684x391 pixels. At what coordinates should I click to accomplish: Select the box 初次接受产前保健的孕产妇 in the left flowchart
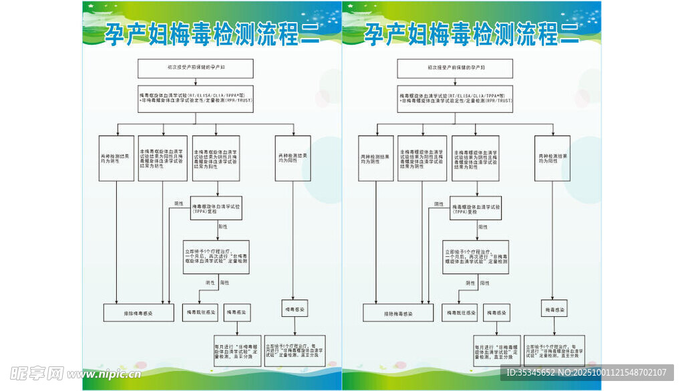195,68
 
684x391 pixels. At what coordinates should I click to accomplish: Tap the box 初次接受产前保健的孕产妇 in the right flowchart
455,68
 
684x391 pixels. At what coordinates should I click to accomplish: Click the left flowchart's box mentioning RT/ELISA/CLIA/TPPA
195,98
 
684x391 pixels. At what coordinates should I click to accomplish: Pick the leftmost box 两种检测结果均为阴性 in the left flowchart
116,158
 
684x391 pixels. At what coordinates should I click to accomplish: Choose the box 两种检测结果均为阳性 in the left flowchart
293,158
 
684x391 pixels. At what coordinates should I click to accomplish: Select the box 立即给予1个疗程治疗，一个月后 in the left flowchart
216,257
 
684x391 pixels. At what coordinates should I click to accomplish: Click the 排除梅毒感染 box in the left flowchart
138,312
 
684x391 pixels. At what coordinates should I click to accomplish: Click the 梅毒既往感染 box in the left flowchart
200,312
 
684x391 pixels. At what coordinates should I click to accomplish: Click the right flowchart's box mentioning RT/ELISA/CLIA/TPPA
455,98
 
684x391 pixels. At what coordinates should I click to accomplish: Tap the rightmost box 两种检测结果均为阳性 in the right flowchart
552,158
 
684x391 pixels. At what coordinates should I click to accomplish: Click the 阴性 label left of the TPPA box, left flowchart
178,204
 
